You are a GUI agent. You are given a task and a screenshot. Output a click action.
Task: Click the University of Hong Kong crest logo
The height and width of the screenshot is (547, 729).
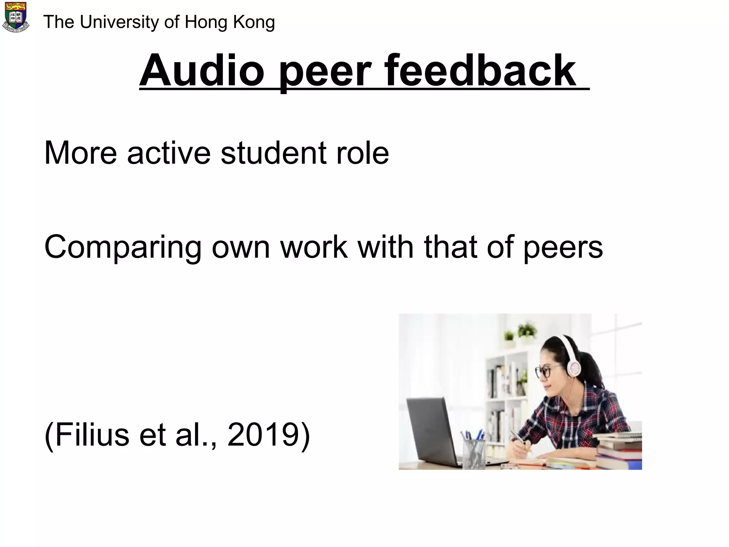point(16,17)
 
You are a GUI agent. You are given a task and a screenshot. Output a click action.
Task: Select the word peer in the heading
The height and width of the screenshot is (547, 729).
point(325,73)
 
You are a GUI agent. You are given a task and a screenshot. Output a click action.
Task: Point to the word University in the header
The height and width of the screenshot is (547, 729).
point(120,22)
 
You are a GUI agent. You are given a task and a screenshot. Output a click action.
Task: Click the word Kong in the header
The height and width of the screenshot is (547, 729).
point(254,23)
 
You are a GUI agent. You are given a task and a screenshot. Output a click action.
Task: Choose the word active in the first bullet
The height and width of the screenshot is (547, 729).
point(169,153)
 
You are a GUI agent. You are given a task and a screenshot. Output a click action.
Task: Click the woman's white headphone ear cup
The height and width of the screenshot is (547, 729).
point(574,366)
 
